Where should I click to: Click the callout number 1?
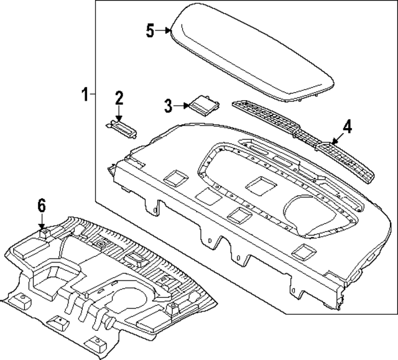85,95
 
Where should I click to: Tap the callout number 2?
119,98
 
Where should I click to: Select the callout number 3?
169,106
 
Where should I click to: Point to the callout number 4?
347,127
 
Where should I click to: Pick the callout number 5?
150,30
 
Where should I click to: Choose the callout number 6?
42,205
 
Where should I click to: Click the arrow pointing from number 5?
163,30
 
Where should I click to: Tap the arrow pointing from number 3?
181,106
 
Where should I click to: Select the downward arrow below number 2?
119,114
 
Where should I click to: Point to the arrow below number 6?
42,221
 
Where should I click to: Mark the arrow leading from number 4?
338,139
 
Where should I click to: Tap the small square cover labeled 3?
204,105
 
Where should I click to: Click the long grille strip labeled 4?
303,140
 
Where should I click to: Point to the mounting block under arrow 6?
45,233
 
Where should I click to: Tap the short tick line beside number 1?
93,94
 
